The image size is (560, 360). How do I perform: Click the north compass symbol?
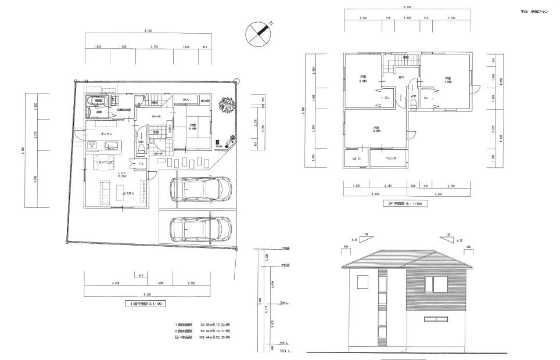259,33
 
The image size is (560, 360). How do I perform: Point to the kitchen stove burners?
91,145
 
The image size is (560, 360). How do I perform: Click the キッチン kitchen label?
106,134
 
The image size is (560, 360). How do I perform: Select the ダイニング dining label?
105,163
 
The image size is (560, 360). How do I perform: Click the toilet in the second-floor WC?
413,103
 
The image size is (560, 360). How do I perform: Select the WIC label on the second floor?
355,158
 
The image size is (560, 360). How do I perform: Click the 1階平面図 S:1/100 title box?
146,303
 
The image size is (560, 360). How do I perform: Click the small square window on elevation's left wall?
362,282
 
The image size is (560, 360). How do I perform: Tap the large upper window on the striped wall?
437,284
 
